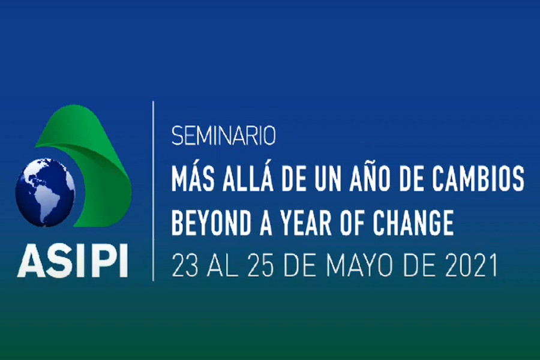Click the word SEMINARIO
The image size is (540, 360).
click(224, 136)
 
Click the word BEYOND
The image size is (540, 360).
click(211, 223)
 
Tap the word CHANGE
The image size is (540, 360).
click(413, 223)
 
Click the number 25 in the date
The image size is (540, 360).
click(262, 265)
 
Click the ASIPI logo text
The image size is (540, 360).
click(73, 261)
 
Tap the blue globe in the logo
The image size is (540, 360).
click(45, 192)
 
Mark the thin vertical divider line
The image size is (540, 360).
click(153, 191)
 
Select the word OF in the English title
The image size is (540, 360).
click(353, 223)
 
